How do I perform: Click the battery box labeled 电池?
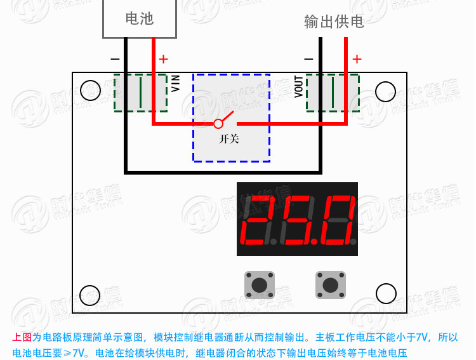tap(139, 18)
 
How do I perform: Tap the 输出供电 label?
tap(334, 23)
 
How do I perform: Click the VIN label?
tap(176, 83)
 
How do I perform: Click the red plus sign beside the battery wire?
tap(163, 59)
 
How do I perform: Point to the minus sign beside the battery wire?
tap(115, 59)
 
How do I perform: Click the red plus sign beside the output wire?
tap(357, 59)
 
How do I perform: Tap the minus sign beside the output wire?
tap(308, 59)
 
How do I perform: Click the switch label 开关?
tap(229, 138)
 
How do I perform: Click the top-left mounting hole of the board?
tap(91, 91)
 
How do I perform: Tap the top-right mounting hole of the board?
tap(385, 91)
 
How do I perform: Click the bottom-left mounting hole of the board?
tap(89, 295)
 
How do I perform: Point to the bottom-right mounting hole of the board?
tap(386, 293)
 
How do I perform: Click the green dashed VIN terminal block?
tap(141, 93)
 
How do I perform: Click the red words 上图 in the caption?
tap(22, 338)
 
